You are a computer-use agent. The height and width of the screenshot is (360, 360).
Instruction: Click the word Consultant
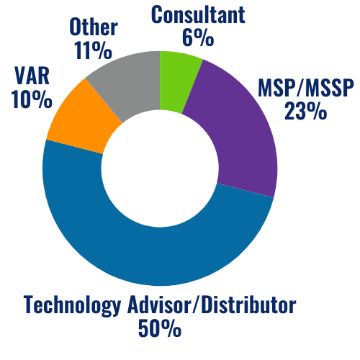coord(199,14)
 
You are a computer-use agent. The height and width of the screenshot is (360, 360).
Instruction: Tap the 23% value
coord(305,112)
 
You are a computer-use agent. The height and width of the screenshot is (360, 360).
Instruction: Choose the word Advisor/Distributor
coord(215,306)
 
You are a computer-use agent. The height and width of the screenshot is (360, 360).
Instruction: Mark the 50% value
coord(159,329)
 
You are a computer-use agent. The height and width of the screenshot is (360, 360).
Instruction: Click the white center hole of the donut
coord(160,167)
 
